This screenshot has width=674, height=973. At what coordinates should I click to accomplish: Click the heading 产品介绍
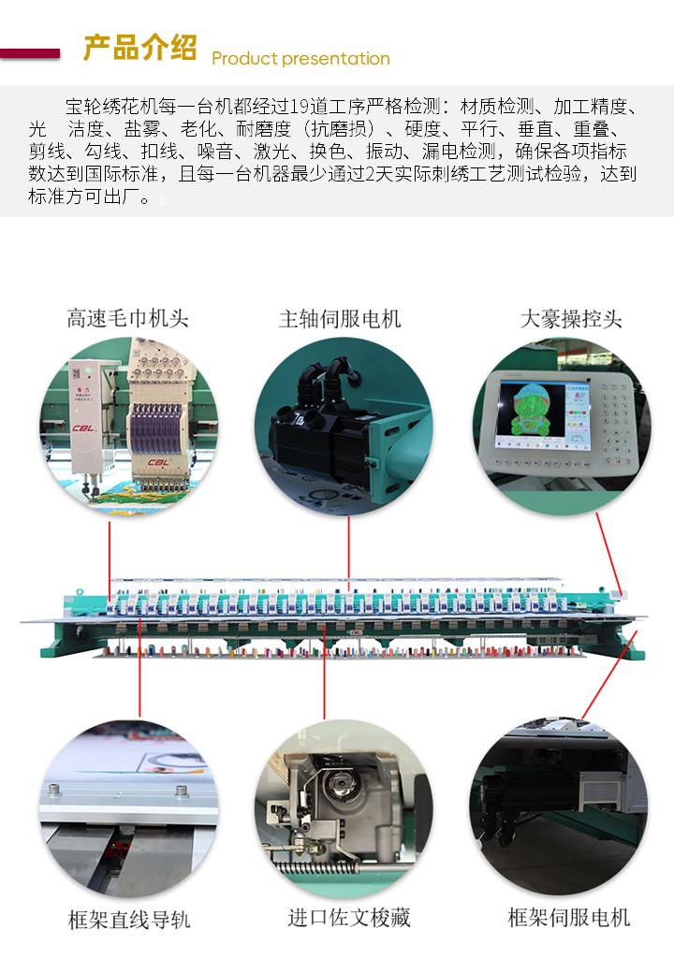click(139, 49)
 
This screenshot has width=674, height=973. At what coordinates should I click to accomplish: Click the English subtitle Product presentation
click(300, 59)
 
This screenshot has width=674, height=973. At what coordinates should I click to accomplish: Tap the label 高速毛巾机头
click(127, 318)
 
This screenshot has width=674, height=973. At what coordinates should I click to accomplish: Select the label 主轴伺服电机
click(340, 318)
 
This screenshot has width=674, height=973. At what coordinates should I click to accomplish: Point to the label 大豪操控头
click(571, 318)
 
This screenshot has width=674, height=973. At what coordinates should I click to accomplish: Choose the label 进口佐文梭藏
click(349, 918)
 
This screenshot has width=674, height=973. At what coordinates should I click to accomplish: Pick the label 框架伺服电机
click(569, 918)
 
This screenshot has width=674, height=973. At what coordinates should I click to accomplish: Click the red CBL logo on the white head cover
click(158, 462)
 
